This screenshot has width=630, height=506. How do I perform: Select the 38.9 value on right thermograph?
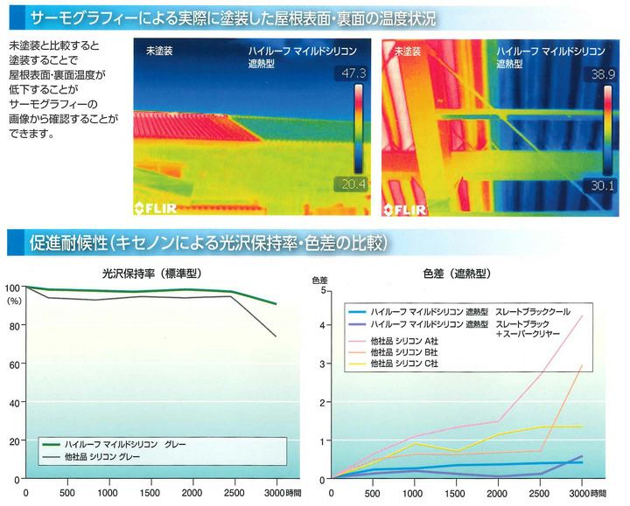click(x=604, y=75)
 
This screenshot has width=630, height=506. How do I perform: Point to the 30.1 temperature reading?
click(x=604, y=184)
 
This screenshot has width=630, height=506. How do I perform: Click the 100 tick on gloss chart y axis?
click(x=10, y=287)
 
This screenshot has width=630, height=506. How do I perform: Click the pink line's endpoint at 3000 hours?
click(x=582, y=315)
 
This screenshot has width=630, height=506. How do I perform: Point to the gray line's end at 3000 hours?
click(x=276, y=336)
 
